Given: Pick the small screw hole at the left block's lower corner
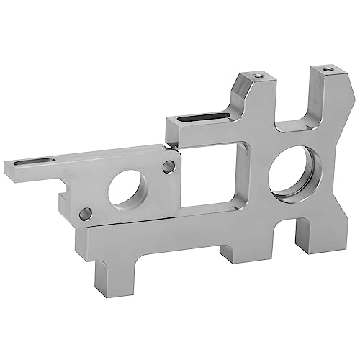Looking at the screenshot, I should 85,213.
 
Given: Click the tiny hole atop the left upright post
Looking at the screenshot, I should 253,75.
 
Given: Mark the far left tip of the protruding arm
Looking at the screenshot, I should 8,170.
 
